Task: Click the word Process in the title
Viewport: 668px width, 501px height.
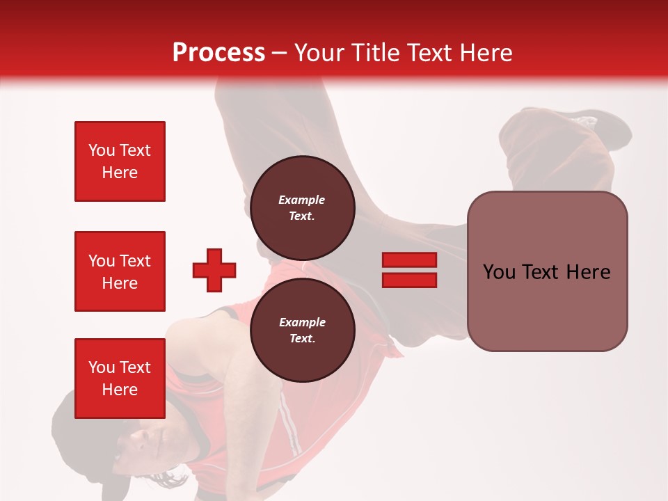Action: point(218,53)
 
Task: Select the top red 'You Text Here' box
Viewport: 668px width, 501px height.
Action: point(120,161)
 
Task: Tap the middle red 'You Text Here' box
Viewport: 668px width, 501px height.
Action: point(120,271)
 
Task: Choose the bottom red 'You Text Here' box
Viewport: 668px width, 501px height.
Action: point(120,379)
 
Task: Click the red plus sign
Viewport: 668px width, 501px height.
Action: point(214,270)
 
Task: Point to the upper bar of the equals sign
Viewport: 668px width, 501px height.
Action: point(409,260)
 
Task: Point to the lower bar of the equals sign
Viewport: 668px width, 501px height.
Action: point(409,280)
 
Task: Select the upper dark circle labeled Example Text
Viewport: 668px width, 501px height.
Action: point(302,207)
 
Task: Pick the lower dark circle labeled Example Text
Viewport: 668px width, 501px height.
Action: point(302,330)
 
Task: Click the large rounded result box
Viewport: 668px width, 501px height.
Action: point(547,306)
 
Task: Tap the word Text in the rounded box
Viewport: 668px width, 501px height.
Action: point(543,272)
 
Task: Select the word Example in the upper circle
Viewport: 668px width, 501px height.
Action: point(302,200)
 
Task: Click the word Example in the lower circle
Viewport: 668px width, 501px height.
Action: point(302,322)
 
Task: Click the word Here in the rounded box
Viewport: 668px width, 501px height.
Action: point(588,272)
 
